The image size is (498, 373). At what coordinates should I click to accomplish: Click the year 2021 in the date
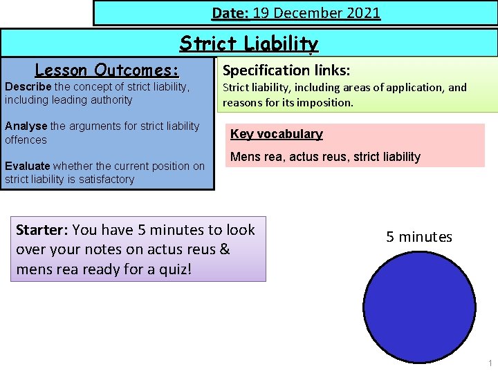(363, 13)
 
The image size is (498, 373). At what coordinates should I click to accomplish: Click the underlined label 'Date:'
(230, 13)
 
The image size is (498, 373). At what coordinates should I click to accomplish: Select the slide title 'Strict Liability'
(249, 44)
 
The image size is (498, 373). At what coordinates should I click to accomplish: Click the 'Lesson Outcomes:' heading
(107, 70)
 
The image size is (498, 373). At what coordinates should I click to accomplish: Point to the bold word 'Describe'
(28, 86)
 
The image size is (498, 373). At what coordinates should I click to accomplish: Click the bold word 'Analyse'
(26, 126)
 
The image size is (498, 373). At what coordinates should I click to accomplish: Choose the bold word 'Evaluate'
(27, 166)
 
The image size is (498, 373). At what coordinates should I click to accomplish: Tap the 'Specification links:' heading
(286, 70)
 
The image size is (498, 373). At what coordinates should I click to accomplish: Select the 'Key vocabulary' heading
(276, 134)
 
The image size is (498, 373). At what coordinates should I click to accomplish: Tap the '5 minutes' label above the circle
(419, 237)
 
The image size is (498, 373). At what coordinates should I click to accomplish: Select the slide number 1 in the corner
(490, 363)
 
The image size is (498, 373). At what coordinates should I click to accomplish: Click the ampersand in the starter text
(223, 249)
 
